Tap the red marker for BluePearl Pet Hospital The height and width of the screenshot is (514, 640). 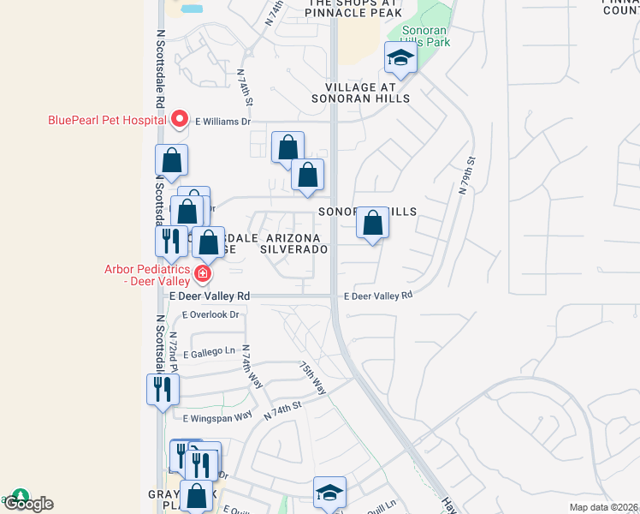180,120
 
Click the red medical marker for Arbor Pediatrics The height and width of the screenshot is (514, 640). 203,274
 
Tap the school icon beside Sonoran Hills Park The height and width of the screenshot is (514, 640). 400,58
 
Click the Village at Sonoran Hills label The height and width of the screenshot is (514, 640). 367,93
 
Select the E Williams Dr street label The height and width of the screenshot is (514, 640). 222,122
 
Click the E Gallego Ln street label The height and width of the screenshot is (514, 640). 208,351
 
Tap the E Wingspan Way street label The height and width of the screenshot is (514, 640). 217,416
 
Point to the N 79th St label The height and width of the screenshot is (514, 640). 466,176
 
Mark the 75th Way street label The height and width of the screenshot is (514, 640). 312,377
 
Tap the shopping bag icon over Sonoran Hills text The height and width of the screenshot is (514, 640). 372,224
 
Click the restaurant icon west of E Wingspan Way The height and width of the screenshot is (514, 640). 162,390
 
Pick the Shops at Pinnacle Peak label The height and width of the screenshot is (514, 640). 353,8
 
